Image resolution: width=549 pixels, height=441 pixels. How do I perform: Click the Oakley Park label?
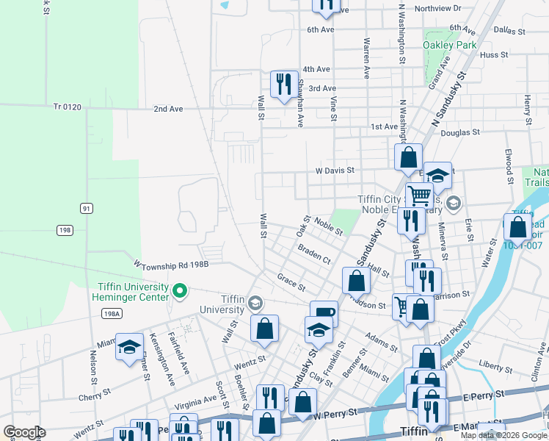[450, 45]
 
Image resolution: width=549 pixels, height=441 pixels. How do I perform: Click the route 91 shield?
[87, 208]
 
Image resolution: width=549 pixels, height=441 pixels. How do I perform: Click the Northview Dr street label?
[437, 8]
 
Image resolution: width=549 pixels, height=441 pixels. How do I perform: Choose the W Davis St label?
[335, 170]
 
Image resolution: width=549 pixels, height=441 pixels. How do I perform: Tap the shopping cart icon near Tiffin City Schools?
[420, 195]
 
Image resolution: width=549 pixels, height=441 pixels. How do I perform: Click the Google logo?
[24, 432]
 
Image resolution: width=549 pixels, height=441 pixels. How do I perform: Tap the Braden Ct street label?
[314, 255]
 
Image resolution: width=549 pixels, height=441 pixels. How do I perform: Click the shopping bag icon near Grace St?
[356, 280]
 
